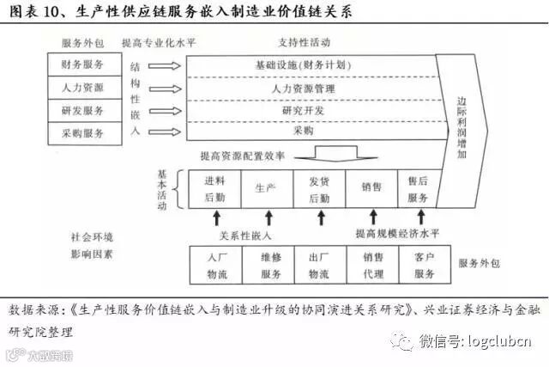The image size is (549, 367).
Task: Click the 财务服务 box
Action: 83,64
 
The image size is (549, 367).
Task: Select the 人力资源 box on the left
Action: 83,88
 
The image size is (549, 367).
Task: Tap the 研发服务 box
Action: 83,110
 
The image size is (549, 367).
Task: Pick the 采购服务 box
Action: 83,132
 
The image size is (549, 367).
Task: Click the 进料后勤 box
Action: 214,189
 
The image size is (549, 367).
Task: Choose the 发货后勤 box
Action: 318,189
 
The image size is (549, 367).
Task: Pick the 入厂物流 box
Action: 216,265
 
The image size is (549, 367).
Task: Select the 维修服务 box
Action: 269,265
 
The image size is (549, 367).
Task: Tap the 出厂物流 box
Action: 318,265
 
